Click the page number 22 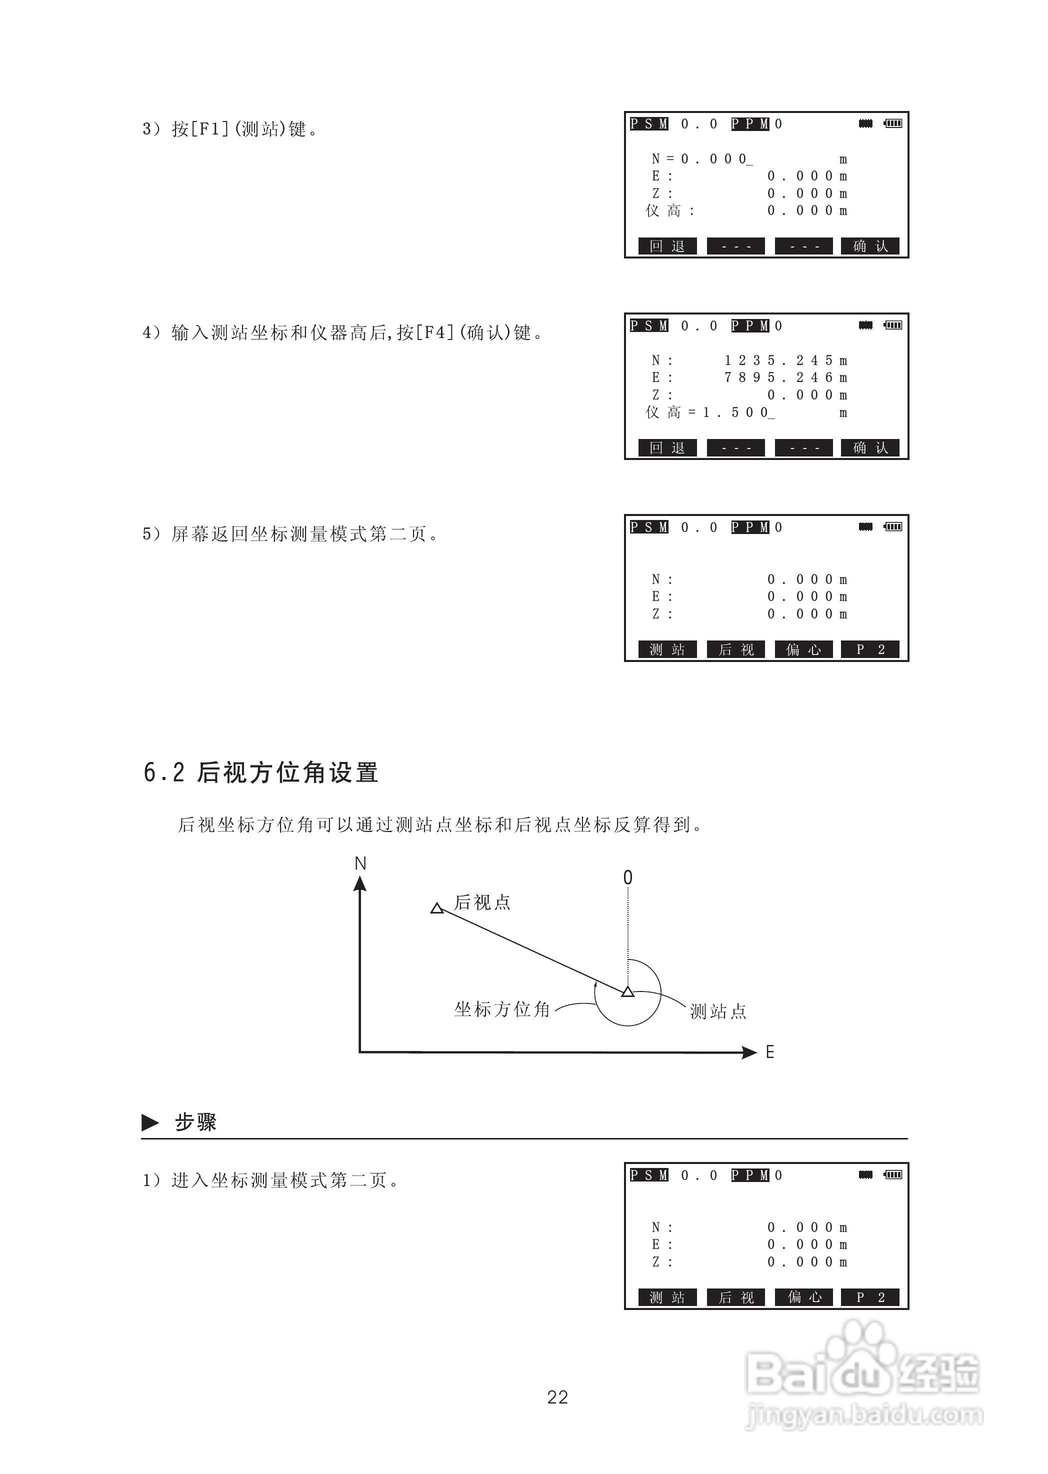(x=557, y=1397)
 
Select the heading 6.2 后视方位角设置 (x=260, y=772)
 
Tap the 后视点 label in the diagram (x=482, y=902)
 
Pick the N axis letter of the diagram (x=360, y=863)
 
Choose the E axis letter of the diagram (x=769, y=1052)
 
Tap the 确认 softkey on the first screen (x=870, y=246)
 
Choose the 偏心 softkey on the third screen (x=803, y=649)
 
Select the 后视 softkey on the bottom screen (x=735, y=1297)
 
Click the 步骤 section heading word (x=195, y=1122)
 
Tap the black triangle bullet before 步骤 (x=150, y=1123)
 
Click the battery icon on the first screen (x=893, y=123)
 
